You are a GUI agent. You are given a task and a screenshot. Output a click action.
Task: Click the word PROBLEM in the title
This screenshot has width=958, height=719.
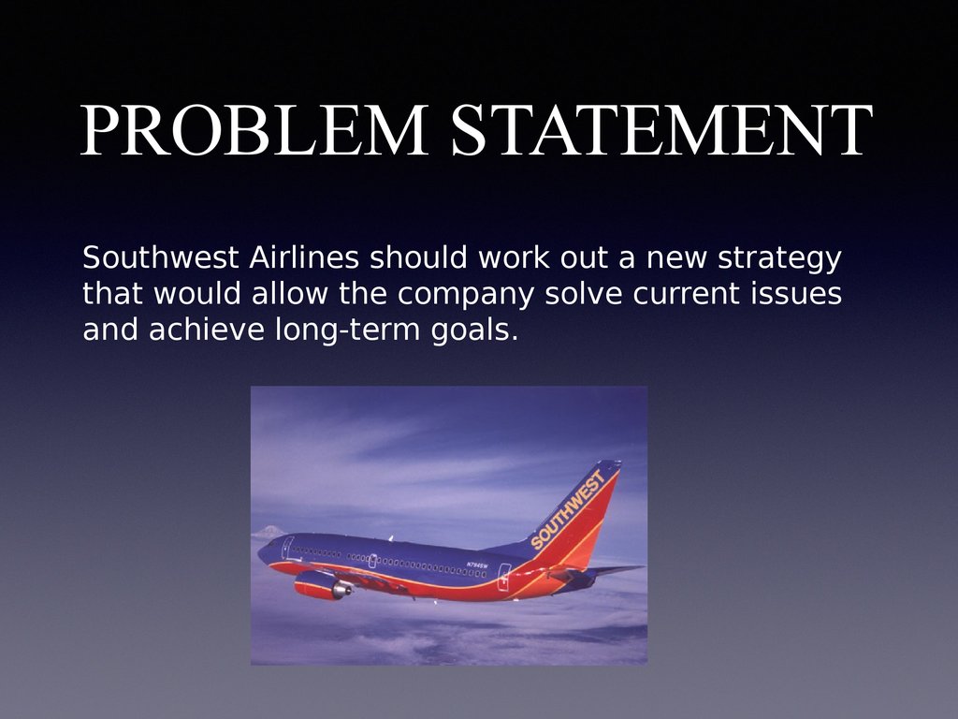(254, 129)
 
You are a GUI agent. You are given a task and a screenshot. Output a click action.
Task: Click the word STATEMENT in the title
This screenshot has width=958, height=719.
(662, 129)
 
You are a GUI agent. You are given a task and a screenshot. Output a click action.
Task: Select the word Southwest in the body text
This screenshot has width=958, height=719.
(160, 257)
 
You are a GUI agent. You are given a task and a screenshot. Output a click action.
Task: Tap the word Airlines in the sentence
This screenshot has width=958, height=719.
(304, 257)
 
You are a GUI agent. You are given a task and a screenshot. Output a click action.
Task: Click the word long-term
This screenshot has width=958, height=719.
(348, 330)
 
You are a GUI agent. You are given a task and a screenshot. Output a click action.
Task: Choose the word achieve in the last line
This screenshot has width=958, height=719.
(207, 329)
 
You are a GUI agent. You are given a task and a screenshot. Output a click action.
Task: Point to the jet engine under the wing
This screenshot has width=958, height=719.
(323, 585)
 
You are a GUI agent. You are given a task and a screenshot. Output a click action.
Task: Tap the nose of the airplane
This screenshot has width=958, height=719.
(262, 553)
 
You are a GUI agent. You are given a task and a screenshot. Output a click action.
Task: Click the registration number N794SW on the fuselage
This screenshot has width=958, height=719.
(477, 565)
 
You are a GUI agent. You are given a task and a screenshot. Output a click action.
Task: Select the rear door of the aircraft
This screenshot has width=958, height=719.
(504, 577)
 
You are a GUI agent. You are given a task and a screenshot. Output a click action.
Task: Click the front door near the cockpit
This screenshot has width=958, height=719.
(287, 548)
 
